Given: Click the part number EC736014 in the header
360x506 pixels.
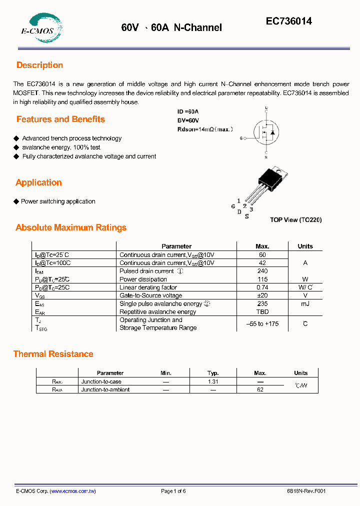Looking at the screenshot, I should tap(288, 21).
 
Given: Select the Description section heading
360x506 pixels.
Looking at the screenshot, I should tap(39, 65).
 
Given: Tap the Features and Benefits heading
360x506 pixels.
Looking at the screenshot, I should tap(60, 119).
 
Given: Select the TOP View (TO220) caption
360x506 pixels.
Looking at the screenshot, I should tap(295, 219).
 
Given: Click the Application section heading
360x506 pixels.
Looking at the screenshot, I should tap(38, 182).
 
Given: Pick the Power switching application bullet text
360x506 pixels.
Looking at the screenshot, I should tap(58, 201).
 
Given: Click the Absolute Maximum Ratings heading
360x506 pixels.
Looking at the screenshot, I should tap(71, 227).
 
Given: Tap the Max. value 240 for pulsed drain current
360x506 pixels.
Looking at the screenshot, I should tap(262, 271).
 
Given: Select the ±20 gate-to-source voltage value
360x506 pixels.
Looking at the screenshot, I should tap(262, 295).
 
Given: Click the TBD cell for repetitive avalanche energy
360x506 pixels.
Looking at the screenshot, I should tap(262, 311).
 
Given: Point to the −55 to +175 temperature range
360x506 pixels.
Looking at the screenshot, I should tap(262, 324).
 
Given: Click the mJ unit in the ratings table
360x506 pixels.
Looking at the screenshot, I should tap(305, 303).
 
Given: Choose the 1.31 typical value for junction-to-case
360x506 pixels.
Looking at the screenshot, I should tap(213, 381).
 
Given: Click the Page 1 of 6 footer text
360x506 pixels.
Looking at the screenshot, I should tap(173, 491).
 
